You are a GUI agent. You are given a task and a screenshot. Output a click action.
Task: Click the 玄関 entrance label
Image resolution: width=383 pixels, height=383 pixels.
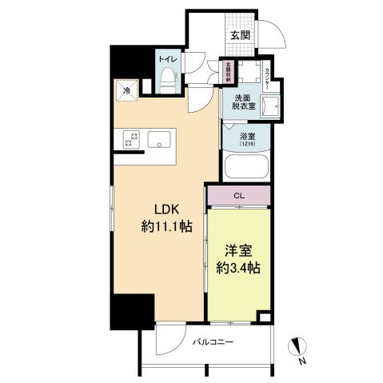[241, 34]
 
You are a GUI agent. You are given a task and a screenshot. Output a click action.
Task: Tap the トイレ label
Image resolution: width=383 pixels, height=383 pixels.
[167, 59]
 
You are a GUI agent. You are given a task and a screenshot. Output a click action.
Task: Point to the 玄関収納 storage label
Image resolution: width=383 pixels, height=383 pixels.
[228, 73]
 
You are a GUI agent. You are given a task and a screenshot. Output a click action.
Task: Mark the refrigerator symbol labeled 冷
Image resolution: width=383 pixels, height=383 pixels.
[126, 91]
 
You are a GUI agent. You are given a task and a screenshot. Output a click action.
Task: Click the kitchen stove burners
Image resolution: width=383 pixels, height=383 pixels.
[132, 140]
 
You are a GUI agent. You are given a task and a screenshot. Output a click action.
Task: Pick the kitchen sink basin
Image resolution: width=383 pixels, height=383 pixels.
[161, 140]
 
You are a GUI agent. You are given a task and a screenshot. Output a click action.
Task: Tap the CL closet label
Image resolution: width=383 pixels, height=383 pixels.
[240, 194]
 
